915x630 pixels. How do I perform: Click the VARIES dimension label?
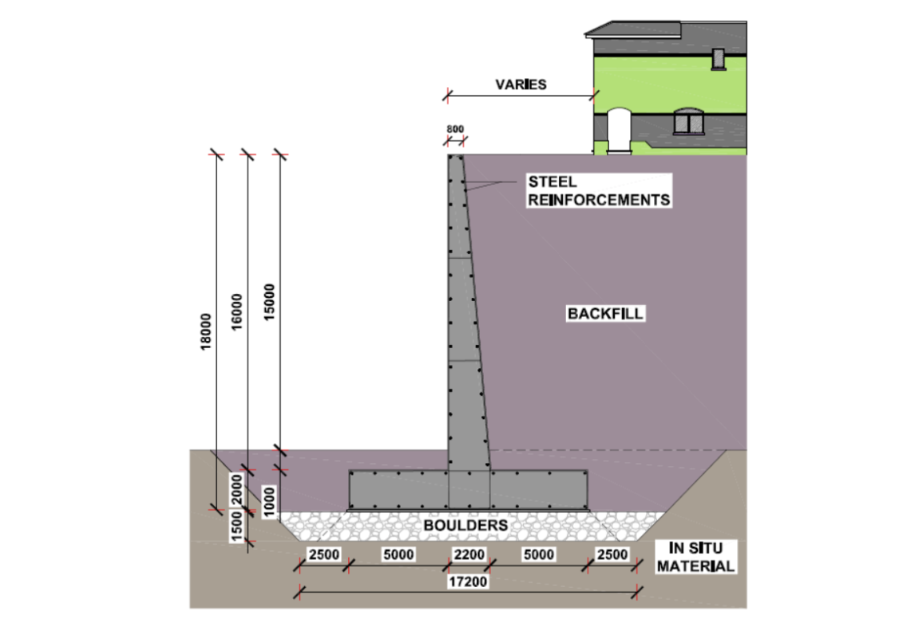click(521, 85)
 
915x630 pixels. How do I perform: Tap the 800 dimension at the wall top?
click(455, 128)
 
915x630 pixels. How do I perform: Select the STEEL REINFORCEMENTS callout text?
click(598, 191)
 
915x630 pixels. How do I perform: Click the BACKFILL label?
click(605, 313)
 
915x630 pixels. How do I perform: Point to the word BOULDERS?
click(465, 525)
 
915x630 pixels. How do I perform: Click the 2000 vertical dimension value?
click(237, 489)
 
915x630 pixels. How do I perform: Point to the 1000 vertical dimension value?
click(269, 500)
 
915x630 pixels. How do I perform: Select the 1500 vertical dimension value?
click(237, 528)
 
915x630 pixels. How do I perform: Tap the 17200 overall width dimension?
click(469, 582)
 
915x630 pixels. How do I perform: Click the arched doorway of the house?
click(617, 129)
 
